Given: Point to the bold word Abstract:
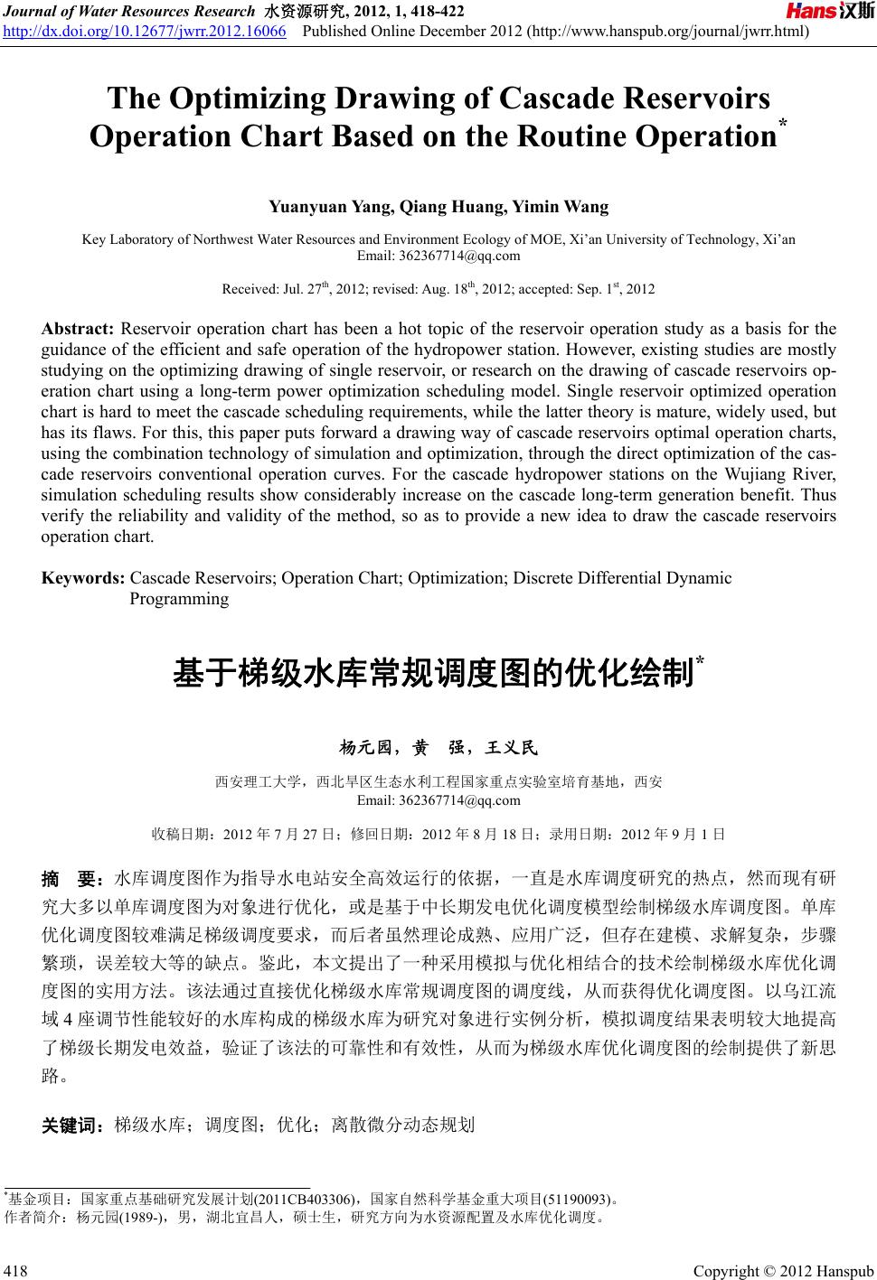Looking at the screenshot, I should (x=77, y=328).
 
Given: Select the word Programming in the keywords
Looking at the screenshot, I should (x=179, y=598).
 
